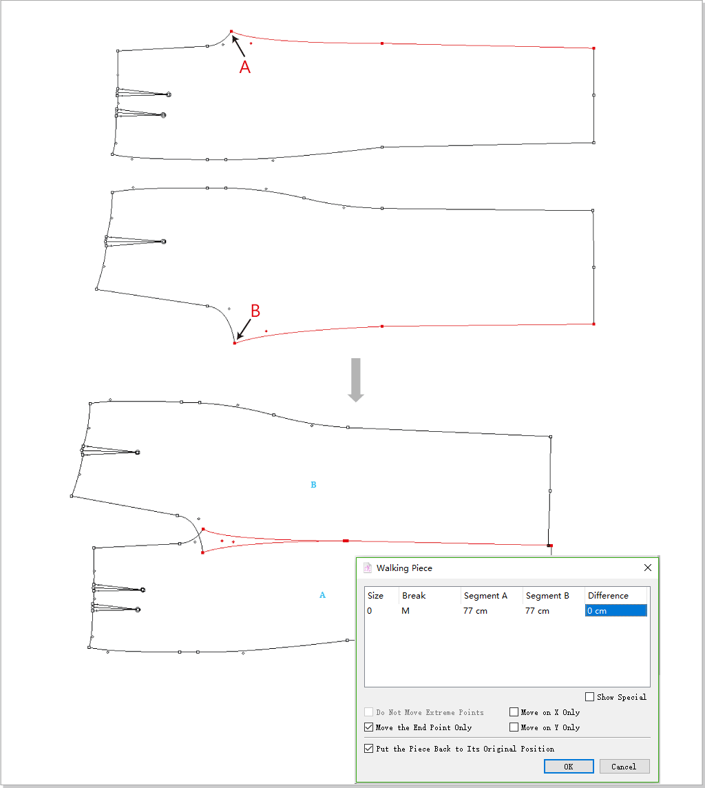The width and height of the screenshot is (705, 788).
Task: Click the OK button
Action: click(x=569, y=767)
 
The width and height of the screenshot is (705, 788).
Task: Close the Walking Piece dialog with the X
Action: click(x=648, y=568)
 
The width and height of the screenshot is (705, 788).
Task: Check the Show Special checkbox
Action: click(x=589, y=696)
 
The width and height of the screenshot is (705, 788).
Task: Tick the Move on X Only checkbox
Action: click(x=514, y=712)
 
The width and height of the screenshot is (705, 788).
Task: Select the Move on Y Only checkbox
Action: click(x=514, y=727)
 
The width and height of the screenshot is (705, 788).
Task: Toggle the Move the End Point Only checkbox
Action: click(x=368, y=727)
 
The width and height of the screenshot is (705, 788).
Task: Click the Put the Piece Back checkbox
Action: click(x=368, y=748)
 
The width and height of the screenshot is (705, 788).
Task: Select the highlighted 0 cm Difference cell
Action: click(x=615, y=610)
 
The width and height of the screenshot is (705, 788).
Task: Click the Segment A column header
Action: click(x=485, y=596)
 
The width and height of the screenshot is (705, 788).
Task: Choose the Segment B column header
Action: click(x=547, y=596)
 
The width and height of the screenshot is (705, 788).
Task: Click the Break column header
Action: click(x=414, y=596)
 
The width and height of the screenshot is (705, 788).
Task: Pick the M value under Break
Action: click(x=406, y=610)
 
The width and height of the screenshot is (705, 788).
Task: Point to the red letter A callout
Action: click(x=244, y=67)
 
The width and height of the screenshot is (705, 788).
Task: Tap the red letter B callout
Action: click(x=255, y=311)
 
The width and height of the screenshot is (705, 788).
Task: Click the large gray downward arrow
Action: click(x=356, y=380)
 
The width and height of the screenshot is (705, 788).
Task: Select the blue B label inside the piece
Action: click(x=313, y=485)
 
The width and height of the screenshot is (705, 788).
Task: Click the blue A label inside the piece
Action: click(x=322, y=595)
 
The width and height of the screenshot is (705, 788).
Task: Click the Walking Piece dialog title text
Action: click(x=404, y=568)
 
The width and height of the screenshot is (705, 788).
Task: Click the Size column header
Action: click(x=375, y=596)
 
